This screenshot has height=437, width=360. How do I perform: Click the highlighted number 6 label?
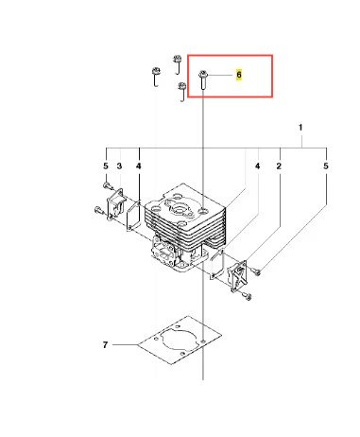239,75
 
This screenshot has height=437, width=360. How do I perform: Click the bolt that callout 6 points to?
202,80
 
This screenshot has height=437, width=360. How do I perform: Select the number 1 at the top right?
300,128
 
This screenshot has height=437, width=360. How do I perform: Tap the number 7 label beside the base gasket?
105,344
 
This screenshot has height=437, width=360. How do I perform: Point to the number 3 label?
119,166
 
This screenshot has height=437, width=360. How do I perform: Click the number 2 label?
279,166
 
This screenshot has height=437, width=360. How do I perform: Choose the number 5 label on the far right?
326,166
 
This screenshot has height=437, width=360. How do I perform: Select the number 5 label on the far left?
106,166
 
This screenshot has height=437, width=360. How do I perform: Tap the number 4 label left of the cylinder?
139,166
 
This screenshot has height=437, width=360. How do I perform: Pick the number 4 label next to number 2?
257,166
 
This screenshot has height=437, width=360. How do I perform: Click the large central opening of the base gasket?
179,341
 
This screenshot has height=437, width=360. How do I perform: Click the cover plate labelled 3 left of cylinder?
115,203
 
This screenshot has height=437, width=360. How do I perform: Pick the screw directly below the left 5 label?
108,185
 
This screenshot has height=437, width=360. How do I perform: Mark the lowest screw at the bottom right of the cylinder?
248,296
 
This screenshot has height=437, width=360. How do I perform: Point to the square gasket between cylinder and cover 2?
218,264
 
